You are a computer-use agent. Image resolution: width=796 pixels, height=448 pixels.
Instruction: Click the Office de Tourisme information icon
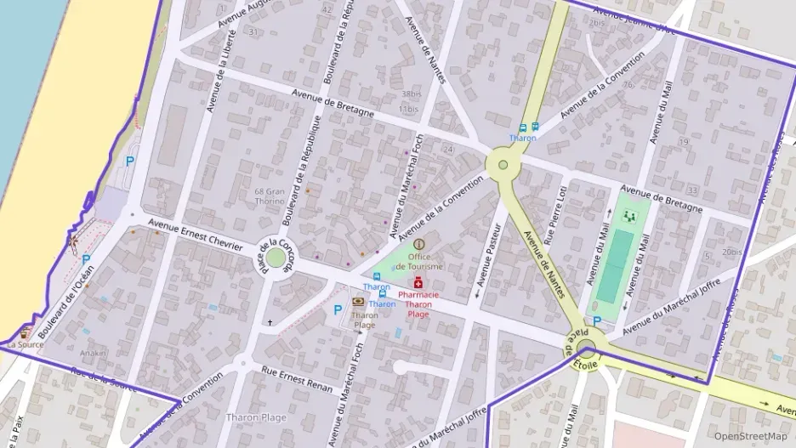coord(418,244)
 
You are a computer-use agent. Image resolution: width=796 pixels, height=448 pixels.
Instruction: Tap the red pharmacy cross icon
coord(418,283)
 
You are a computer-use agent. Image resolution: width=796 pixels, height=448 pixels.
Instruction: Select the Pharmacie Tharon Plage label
coord(418,303)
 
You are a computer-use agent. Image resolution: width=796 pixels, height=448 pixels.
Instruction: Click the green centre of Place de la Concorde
coord(275,257)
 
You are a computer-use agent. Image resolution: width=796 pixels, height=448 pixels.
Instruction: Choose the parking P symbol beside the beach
coord(130,161)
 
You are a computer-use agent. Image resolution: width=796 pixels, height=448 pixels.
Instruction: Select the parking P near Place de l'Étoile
coord(597,320)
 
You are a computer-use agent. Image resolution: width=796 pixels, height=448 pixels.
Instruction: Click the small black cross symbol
coord(270,323)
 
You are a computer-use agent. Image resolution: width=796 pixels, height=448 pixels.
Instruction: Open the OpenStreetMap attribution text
coord(750,436)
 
